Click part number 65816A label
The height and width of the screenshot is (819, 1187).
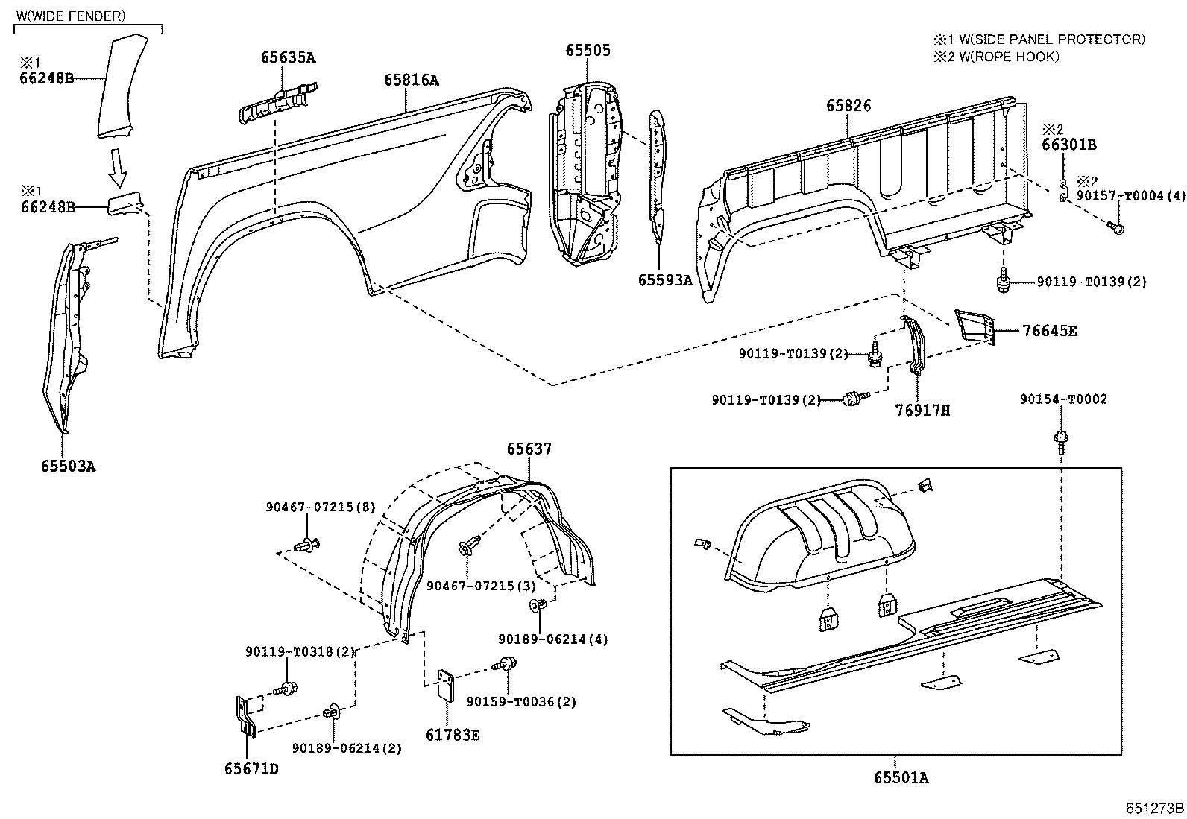tap(412, 80)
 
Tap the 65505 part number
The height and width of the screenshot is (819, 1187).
tap(588, 50)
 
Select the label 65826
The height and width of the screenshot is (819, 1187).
tap(848, 107)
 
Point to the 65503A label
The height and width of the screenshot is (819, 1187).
tap(68, 467)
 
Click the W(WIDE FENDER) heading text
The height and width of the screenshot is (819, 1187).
tap(71, 15)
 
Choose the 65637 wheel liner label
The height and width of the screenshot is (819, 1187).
tap(529, 449)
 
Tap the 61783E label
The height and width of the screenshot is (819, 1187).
tap(453, 735)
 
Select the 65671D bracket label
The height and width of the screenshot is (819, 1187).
tap(251, 768)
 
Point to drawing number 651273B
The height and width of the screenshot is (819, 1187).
tap(1155, 807)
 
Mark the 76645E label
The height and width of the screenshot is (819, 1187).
tap(1050, 331)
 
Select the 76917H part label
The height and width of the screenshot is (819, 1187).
tap(922, 410)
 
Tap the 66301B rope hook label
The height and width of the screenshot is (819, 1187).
tap(1068, 145)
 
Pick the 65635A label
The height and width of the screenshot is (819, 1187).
tap(288, 57)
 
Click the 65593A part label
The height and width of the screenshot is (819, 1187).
tap(665, 280)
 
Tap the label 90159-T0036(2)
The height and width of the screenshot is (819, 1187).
tap(521, 701)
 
